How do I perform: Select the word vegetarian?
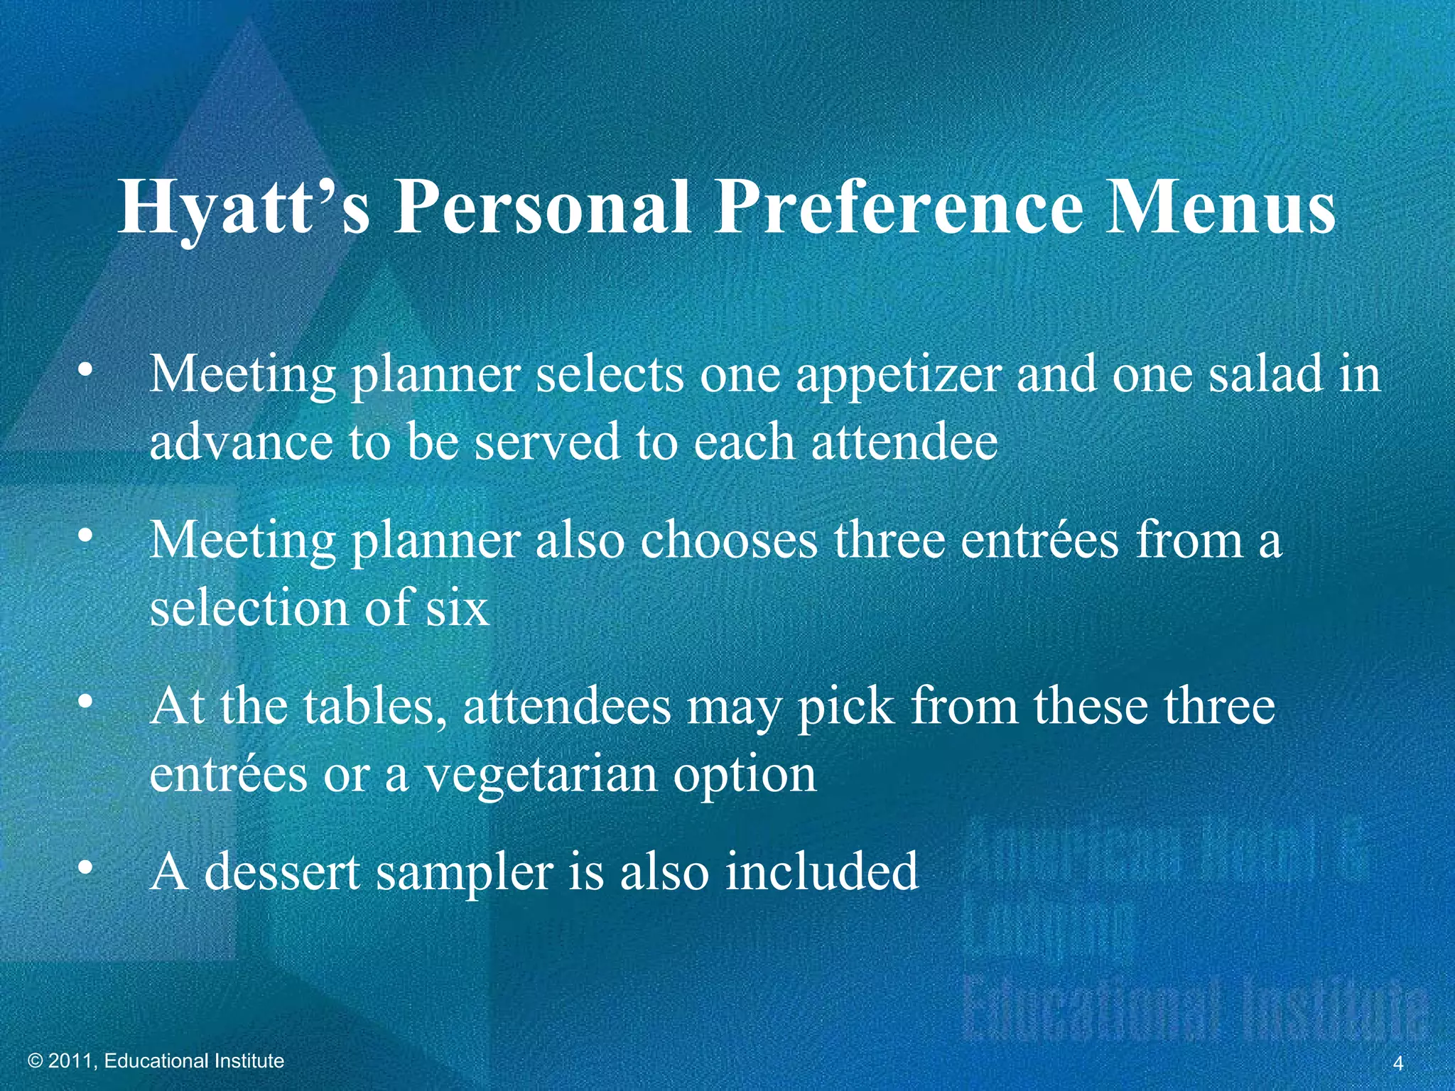click(540, 774)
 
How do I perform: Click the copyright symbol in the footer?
click(36, 1061)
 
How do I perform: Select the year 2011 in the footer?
click(70, 1061)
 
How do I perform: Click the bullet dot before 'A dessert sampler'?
click(85, 867)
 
